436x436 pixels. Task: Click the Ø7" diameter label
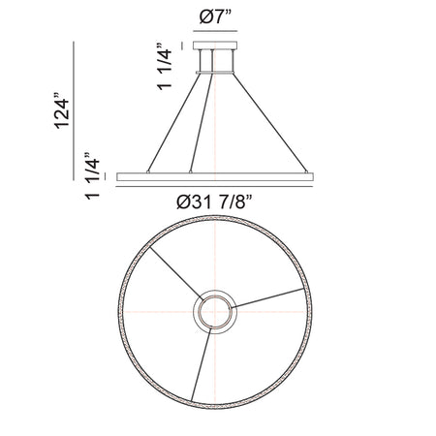coord(216,16)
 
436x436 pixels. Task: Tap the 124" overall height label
coord(62,110)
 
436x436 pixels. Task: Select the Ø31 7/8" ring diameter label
coord(214,202)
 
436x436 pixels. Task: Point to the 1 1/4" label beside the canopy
coord(164,66)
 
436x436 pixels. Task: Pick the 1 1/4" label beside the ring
coord(92,175)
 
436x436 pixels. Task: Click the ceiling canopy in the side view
coord(215,46)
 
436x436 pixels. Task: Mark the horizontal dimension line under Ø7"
coord(215,31)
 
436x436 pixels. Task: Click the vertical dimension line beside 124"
coord(74,110)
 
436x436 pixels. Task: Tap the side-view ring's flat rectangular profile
coord(215,176)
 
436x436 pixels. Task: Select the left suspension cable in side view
coord(173,123)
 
